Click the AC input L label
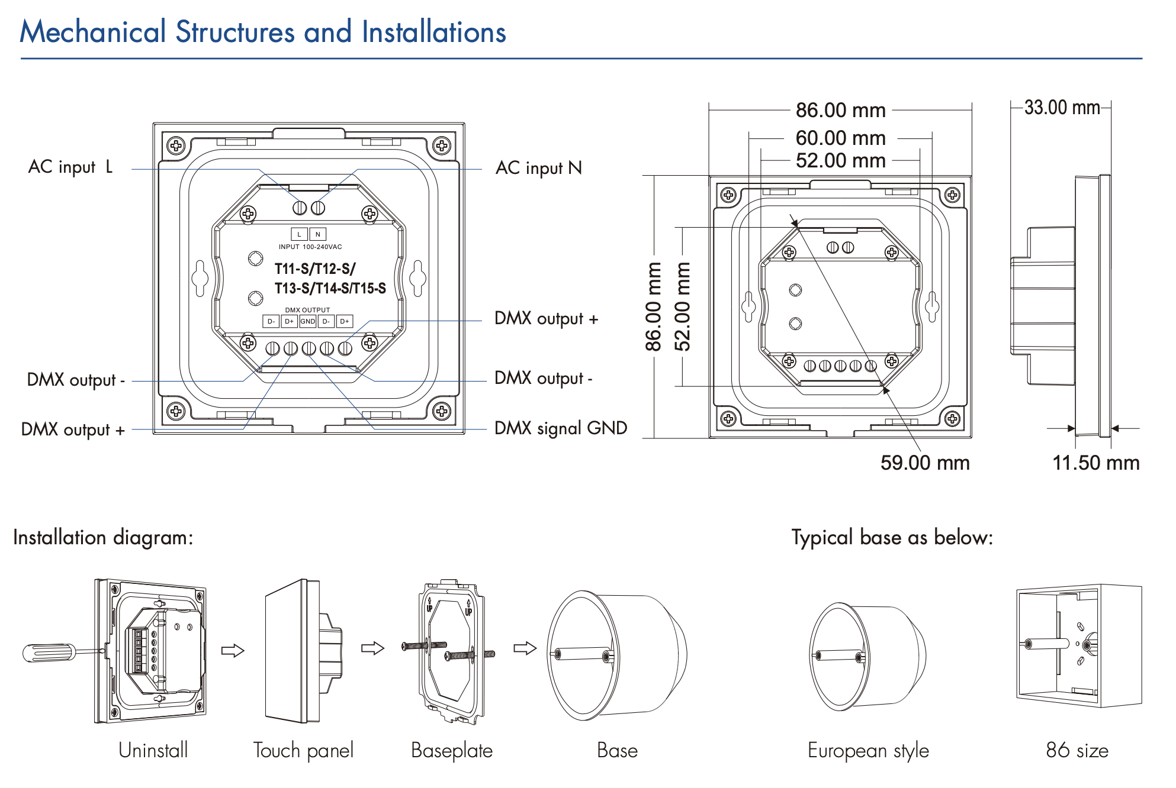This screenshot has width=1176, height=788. (x=70, y=167)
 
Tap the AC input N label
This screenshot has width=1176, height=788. (x=538, y=168)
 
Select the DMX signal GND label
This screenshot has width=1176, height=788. (x=560, y=428)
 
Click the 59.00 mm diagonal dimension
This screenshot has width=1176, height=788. (x=924, y=463)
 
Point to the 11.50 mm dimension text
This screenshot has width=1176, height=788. (x=1095, y=463)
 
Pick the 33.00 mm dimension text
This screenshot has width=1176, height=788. (x=1062, y=108)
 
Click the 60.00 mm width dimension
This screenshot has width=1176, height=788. (x=840, y=138)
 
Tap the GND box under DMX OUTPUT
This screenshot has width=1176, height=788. (x=307, y=321)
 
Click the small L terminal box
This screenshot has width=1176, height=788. (x=299, y=234)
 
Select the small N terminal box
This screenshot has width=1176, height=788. (x=318, y=234)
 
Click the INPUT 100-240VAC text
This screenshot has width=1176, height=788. (x=310, y=247)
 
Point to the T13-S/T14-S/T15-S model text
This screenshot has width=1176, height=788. (x=330, y=288)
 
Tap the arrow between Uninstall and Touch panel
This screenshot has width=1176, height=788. (x=233, y=651)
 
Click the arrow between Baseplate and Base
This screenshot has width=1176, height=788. (x=525, y=648)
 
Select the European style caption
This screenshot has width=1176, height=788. (x=868, y=750)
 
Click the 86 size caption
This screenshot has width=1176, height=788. (x=1077, y=750)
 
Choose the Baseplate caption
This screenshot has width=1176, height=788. (x=451, y=750)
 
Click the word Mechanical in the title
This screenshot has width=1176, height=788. (x=93, y=32)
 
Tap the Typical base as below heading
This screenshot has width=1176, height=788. (x=892, y=537)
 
